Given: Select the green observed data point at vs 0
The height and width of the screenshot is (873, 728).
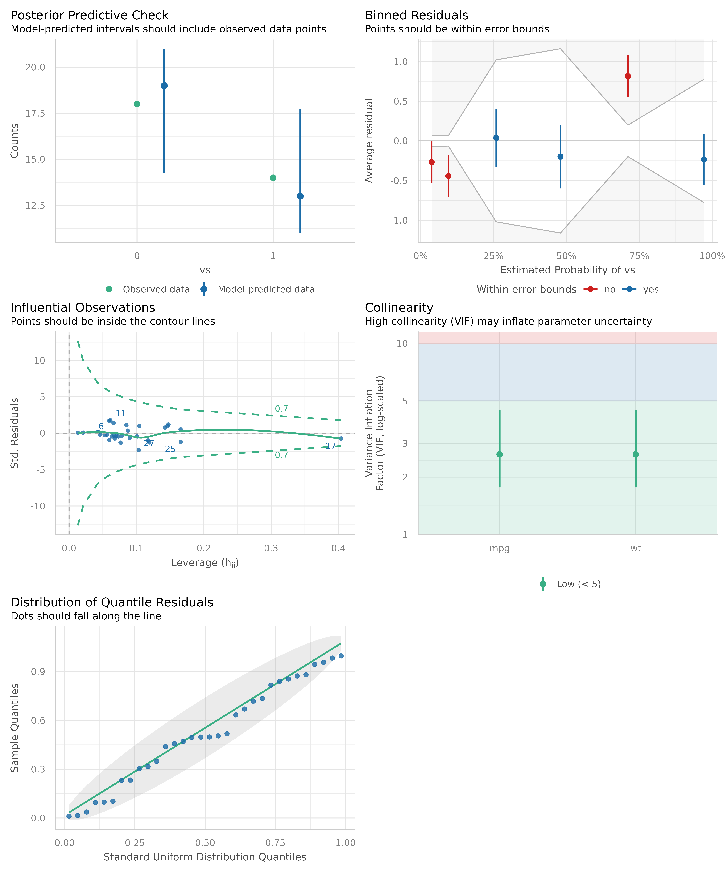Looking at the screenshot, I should (x=137, y=104).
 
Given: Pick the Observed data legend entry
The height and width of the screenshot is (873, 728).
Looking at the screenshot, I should (x=156, y=289).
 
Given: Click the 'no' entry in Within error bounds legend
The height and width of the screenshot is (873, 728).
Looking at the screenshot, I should (x=609, y=289).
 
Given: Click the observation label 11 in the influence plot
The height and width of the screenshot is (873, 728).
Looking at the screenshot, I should (x=121, y=414).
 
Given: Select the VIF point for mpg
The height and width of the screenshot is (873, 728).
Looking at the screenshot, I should (x=500, y=454).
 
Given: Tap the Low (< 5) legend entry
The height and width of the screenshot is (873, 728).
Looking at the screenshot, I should (x=578, y=584).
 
